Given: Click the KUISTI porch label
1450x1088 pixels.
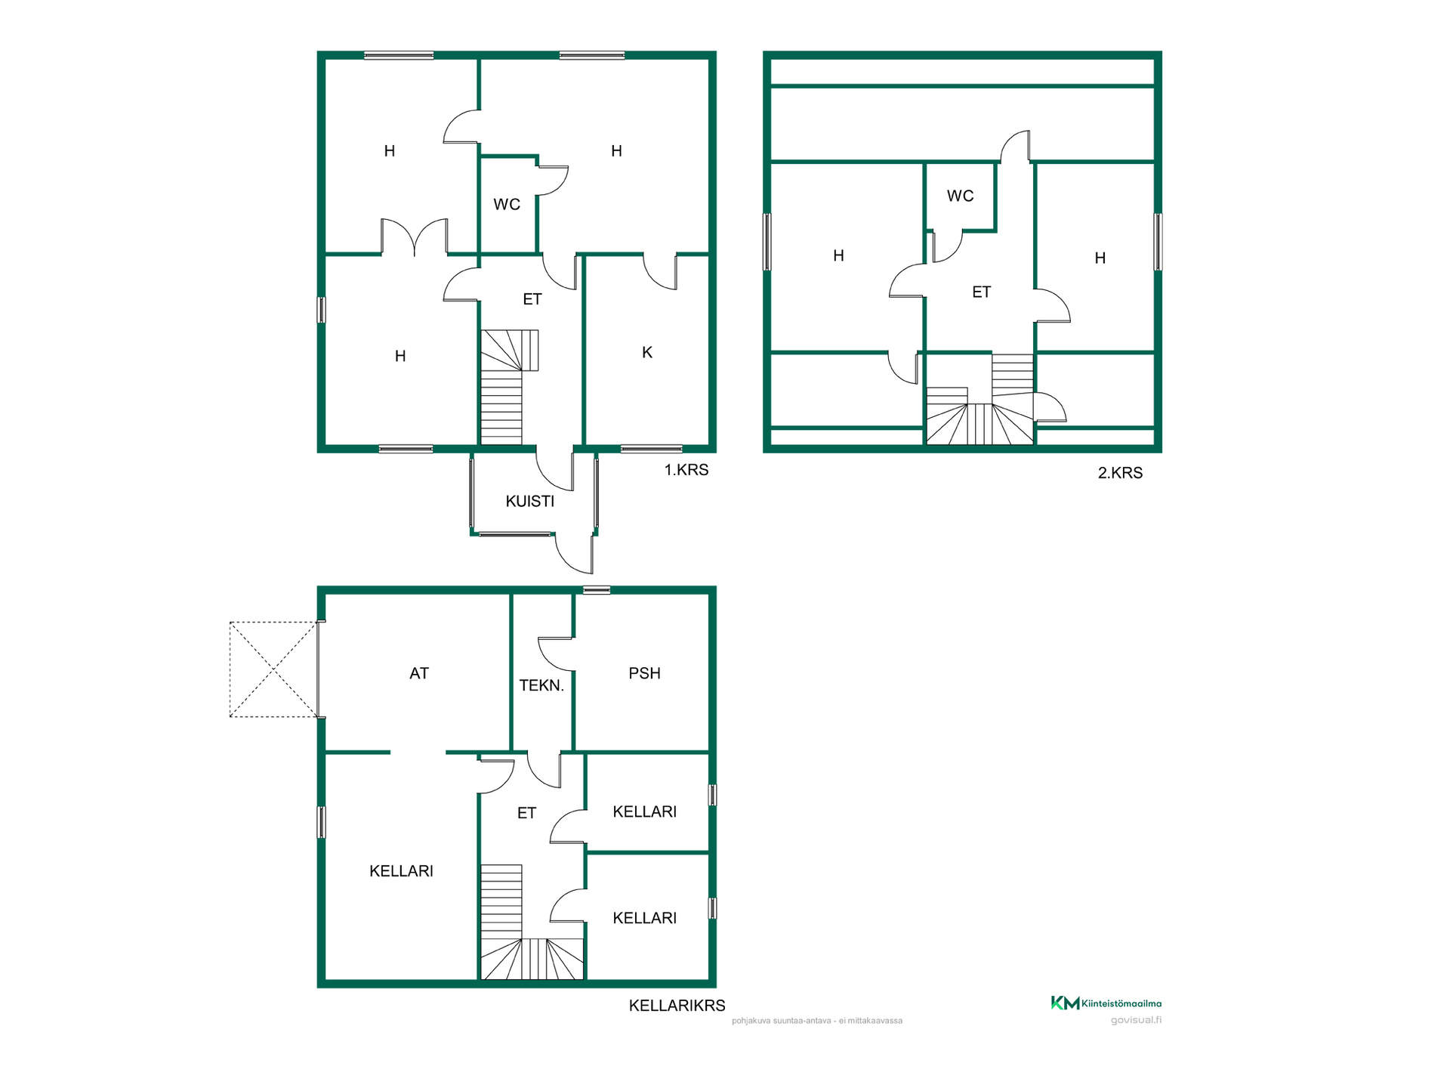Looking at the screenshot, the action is (x=529, y=501).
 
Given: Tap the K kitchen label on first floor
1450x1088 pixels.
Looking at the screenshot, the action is (x=647, y=352).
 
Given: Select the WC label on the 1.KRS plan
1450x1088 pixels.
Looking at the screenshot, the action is (x=507, y=204).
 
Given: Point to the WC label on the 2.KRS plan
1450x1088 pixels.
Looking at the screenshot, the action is (x=960, y=196).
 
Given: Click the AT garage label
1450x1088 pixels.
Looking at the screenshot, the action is (x=419, y=673).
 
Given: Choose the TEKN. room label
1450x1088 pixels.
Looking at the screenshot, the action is (x=541, y=685).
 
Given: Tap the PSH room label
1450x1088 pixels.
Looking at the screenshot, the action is (x=644, y=673).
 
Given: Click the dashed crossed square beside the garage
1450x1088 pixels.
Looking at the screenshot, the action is (x=273, y=669).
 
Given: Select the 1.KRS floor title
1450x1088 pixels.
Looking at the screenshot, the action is (x=686, y=470).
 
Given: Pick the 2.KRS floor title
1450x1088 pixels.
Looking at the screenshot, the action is (x=1120, y=473).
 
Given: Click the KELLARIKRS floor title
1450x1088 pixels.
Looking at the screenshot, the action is (x=677, y=1006).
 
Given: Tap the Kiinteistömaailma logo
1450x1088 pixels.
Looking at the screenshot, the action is (x=1106, y=1003).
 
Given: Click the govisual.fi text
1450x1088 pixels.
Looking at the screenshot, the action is (x=1136, y=1020).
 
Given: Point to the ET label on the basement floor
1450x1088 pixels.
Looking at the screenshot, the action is (x=526, y=813).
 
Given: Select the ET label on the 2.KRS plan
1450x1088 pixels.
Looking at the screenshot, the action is (x=981, y=292).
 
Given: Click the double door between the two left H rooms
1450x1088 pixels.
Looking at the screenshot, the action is (x=415, y=236).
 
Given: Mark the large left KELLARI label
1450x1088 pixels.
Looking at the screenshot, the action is (x=401, y=871).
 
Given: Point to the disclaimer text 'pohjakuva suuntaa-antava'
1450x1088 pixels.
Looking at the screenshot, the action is (x=782, y=1021).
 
